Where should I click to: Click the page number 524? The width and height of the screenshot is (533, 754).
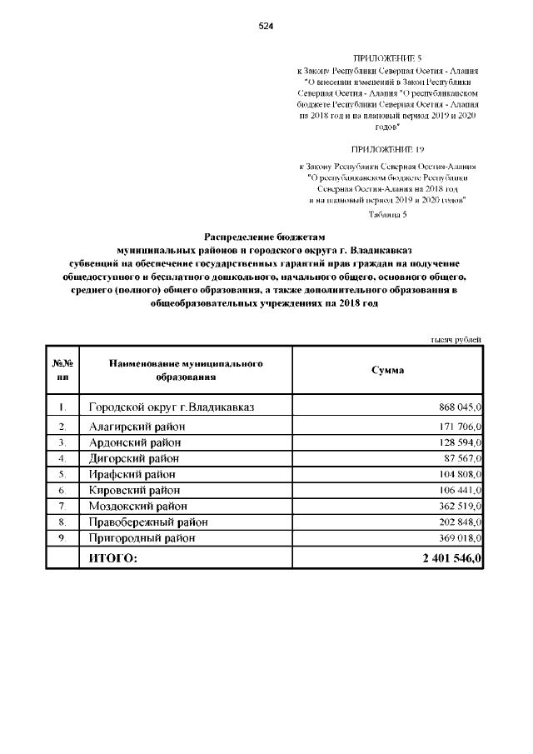pos(266,27)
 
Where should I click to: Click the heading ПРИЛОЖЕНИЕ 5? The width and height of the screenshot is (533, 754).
pos(388,59)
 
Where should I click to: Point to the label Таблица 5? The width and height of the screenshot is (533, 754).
pos(387,214)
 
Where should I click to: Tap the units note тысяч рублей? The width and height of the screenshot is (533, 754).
pos(456,339)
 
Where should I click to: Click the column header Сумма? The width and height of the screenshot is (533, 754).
pos(387,370)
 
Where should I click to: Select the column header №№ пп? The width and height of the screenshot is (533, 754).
pos(63,370)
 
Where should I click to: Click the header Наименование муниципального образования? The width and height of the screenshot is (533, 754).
pos(186,370)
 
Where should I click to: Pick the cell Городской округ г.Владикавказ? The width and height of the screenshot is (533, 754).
pos(172,407)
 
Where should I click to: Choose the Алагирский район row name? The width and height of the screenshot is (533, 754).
pos(137,427)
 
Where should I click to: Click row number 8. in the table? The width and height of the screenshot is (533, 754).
pos(63,522)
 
